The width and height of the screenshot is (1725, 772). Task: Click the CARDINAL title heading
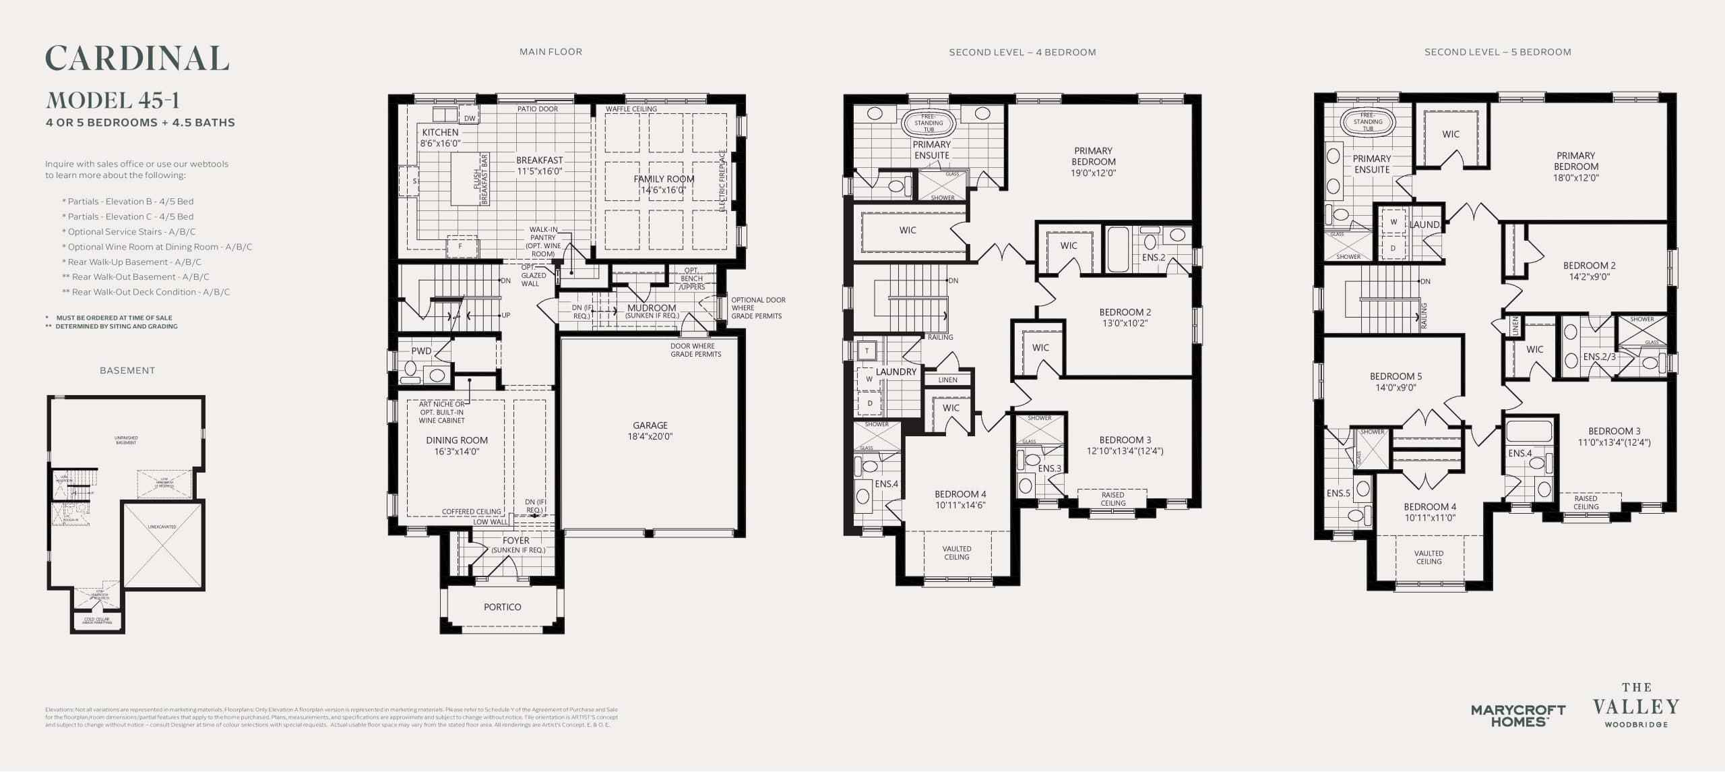click(x=137, y=59)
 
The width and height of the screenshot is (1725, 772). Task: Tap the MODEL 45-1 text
click(x=113, y=100)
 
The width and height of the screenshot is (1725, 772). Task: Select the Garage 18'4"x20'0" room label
click(x=650, y=431)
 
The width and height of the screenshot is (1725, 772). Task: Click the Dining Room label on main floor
click(x=457, y=446)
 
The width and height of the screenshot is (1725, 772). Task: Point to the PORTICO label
click(x=502, y=607)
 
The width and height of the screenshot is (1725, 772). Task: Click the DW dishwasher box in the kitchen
click(x=470, y=118)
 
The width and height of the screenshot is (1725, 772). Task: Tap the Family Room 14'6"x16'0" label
click(x=663, y=184)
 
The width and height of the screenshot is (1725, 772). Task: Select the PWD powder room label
click(x=421, y=351)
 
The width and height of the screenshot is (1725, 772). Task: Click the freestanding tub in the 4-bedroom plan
click(x=929, y=123)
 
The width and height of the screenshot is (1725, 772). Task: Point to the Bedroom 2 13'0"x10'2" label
click(x=1125, y=318)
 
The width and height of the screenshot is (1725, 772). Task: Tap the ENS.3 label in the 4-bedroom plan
click(x=1049, y=468)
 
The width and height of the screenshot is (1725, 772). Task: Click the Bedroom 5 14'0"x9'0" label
click(x=1395, y=382)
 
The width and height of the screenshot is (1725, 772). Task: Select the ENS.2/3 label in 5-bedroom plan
click(x=1599, y=357)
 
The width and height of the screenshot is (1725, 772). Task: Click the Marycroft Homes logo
click(x=1517, y=715)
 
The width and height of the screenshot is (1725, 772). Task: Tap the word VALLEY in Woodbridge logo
click(x=1635, y=707)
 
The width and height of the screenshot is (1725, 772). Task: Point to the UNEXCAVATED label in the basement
click(x=162, y=527)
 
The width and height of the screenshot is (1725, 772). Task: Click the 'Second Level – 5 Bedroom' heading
click(x=1497, y=52)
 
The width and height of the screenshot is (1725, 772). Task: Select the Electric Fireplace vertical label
click(x=722, y=181)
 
